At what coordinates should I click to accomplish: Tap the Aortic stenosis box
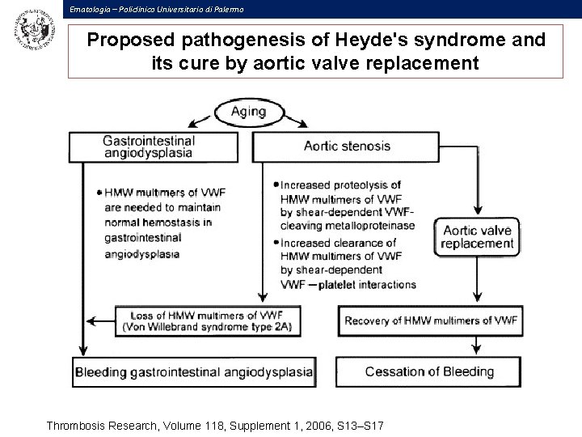coord(347,146)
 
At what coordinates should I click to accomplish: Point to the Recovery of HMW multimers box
coord(430,320)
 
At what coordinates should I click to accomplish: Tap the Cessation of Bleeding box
coord(430,371)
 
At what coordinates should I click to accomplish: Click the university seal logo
coord(32,32)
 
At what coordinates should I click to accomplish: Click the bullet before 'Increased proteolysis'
coord(277,185)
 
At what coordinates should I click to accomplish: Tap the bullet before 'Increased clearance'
coord(277,242)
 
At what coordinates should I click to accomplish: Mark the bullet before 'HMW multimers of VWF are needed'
coord(99,193)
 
